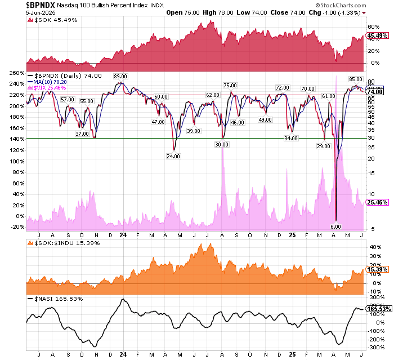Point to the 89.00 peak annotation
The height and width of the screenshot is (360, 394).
119,76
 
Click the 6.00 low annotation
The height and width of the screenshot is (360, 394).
335,226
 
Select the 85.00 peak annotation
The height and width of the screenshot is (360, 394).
356,79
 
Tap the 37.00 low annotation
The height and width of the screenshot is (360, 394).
82,134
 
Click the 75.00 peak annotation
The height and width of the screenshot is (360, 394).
230,86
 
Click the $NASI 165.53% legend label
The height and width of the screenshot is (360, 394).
54,298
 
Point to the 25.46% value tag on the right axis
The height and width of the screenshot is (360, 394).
375,201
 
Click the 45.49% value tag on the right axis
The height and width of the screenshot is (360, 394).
375,36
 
